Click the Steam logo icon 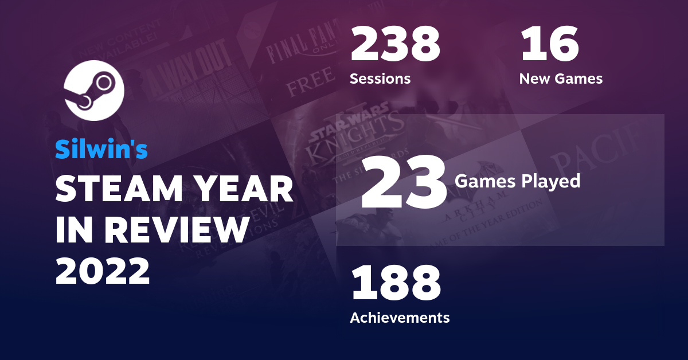(94, 90)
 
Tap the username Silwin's (101, 150)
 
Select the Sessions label (380, 79)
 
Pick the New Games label (561, 79)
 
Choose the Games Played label (517, 182)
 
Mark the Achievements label (400, 317)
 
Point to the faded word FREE (310, 85)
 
